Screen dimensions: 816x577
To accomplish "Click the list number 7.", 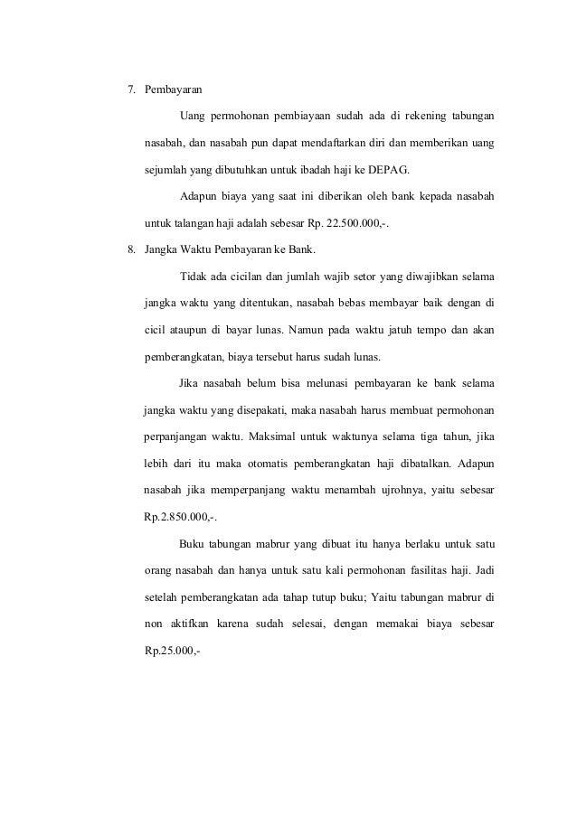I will [x=128, y=90].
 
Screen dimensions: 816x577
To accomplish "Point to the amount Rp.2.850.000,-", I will [x=180, y=518].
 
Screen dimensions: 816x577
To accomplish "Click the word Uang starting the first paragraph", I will [x=194, y=117].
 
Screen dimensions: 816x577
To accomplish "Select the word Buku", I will [x=194, y=544].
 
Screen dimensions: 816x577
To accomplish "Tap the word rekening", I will [x=410, y=117].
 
